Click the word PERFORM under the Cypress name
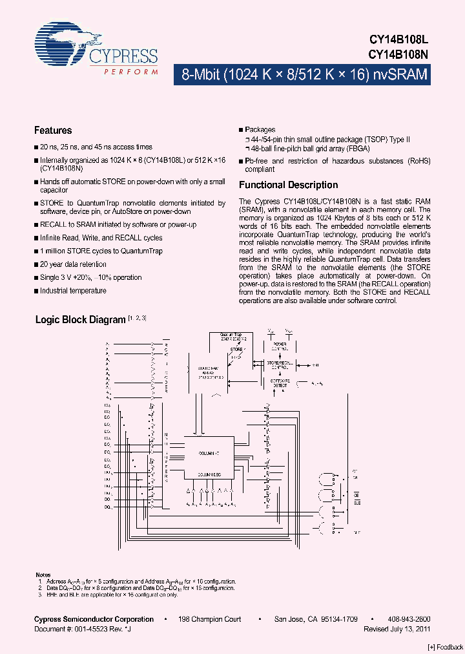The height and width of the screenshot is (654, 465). pos(131,72)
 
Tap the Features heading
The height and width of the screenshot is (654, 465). pos(53,131)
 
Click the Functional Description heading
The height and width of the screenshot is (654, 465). pos(288,185)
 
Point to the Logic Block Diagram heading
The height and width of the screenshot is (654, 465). pos(80,320)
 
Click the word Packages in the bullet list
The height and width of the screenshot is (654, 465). pos(260,130)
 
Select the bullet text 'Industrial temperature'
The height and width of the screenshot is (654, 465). pos(73,291)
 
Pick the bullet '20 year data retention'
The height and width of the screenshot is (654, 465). pos(73,264)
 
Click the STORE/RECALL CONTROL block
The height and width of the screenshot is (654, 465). pos(280,366)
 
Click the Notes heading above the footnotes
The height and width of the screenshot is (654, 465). pos(43,575)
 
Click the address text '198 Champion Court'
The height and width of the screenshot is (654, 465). pos(211,619)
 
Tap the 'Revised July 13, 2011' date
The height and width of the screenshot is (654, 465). pos(397,628)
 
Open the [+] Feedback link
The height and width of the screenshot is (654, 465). pos(446,647)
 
